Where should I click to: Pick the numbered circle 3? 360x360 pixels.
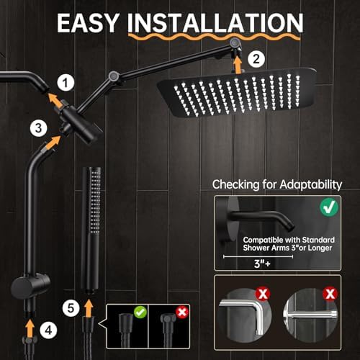[x=35, y=128]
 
